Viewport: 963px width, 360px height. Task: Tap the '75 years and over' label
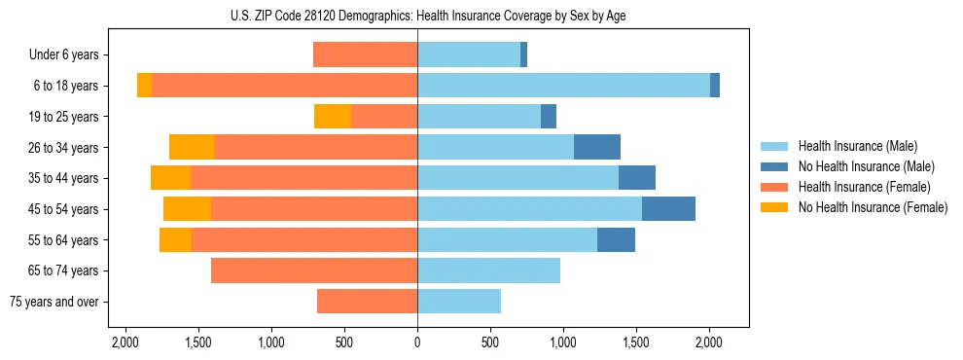pos(54,302)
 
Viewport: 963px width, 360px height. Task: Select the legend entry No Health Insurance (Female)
pos(872,207)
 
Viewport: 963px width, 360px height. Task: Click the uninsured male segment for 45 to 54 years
pos(668,208)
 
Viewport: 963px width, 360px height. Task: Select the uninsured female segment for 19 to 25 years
pos(333,117)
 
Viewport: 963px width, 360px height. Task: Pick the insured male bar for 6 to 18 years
pos(563,86)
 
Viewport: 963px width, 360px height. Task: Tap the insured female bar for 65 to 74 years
pos(314,270)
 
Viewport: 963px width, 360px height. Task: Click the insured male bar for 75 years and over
pos(459,302)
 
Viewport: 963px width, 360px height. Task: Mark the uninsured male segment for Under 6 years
pos(523,55)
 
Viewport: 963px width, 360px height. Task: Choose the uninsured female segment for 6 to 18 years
pos(144,86)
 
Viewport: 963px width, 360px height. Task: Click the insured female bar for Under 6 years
pos(365,55)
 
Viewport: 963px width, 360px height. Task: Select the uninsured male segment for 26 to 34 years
pos(597,147)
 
